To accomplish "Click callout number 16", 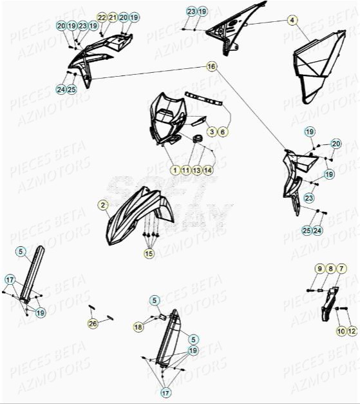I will tap(211, 66).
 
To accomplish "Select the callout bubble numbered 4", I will tap(292, 21).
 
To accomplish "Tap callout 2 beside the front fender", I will tap(103, 206).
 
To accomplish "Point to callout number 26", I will tap(93, 323).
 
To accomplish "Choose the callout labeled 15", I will tap(149, 254).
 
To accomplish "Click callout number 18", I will tap(138, 327).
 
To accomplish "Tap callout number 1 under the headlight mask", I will tap(175, 170).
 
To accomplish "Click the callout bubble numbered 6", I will tap(222, 131).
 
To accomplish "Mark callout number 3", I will tap(211, 131).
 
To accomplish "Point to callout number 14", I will tap(207, 170).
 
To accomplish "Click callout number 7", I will tap(342, 268).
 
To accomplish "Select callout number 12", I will tap(351, 331).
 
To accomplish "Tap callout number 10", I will tap(340, 331).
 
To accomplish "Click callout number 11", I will tap(185, 170).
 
